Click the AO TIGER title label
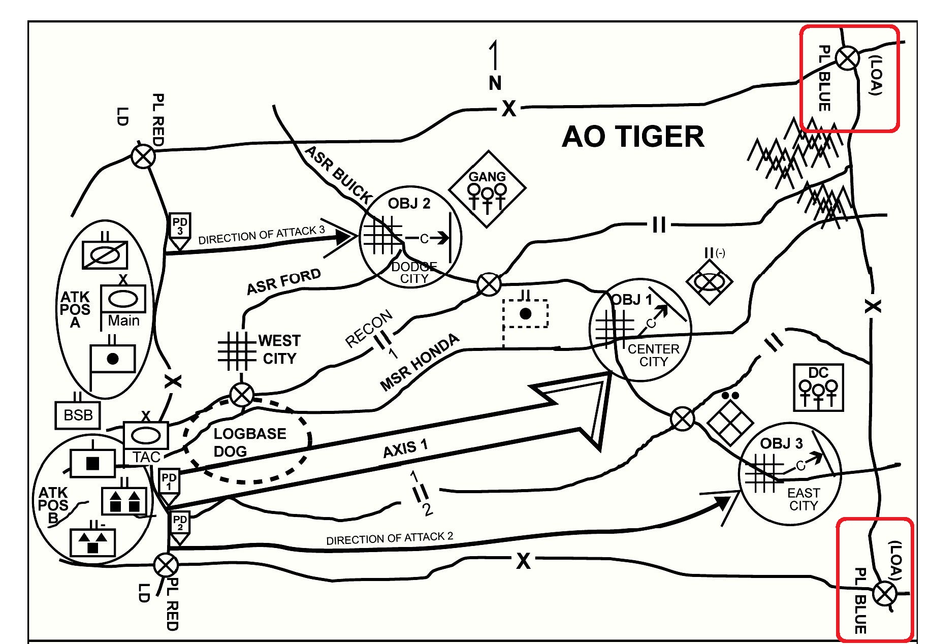pyautogui.click(x=633, y=137)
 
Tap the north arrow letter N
pyautogui.click(x=495, y=83)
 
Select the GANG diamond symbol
pyautogui.click(x=487, y=189)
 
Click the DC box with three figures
pyautogui.click(x=818, y=388)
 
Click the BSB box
pyautogui.click(x=78, y=415)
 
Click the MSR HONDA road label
pyautogui.click(x=420, y=362)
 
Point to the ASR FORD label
pyautogui.click(x=283, y=282)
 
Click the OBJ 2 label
pyautogui.click(x=409, y=204)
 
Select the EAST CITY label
pyautogui.click(x=803, y=499)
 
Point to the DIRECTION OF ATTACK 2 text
pyautogui.click(x=389, y=538)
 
